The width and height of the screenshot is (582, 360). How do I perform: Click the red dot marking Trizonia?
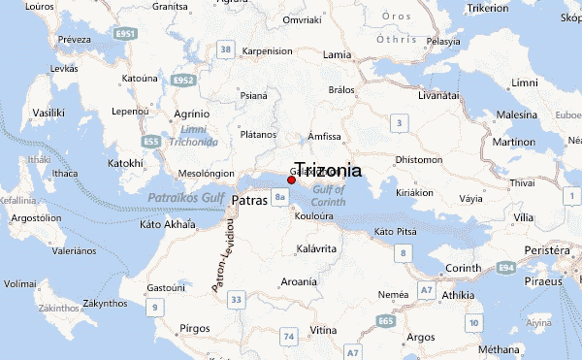[291, 180]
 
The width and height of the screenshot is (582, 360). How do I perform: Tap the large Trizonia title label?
[328, 170]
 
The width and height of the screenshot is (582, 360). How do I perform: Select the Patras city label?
[249, 200]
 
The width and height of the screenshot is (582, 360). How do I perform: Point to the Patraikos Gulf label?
[186, 198]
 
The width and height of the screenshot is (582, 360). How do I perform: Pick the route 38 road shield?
[226, 49]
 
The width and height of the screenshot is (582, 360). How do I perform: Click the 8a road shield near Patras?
[280, 198]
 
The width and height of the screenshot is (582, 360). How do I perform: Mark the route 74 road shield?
[288, 336]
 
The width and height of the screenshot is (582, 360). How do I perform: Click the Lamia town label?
[337, 54]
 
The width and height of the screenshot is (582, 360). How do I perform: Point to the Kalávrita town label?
[314, 249]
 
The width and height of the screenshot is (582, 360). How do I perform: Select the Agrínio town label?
[191, 114]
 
